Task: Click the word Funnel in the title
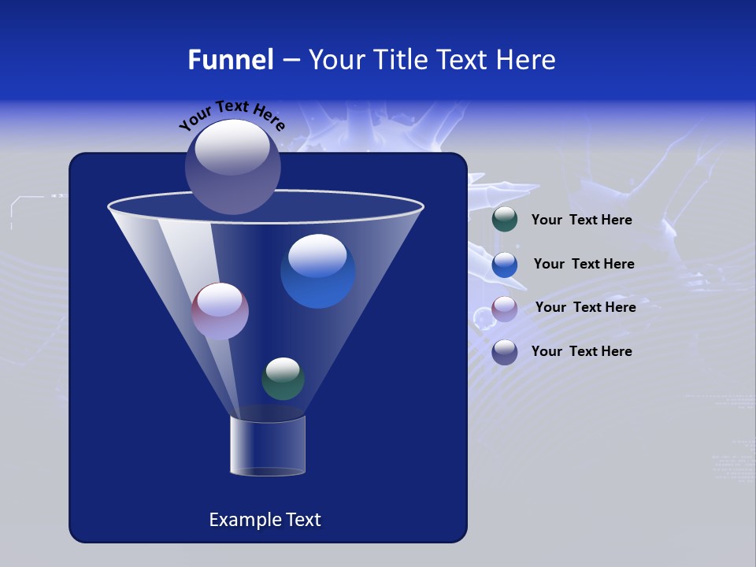[x=230, y=60]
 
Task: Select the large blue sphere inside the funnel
[x=318, y=272]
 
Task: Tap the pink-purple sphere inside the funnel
[x=220, y=312]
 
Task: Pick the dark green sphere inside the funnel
[x=283, y=379]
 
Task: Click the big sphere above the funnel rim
[x=233, y=167]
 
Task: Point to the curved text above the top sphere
[x=232, y=115]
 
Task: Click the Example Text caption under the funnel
[x=265, y=520]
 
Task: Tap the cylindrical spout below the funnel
[x=267, y=446]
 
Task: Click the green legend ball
[x=505, y=220]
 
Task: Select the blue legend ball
[x=505, y=265]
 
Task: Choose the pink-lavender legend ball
[x=505, y=309]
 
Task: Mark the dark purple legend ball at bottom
[x=505, y=352]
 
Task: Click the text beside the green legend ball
[x=581, y=220]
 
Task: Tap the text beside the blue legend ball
[x=584, y=265]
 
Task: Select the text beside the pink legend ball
[x=585, y=308]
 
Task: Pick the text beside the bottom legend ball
[x=581, y=351]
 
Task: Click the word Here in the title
[x=528, y=60]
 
